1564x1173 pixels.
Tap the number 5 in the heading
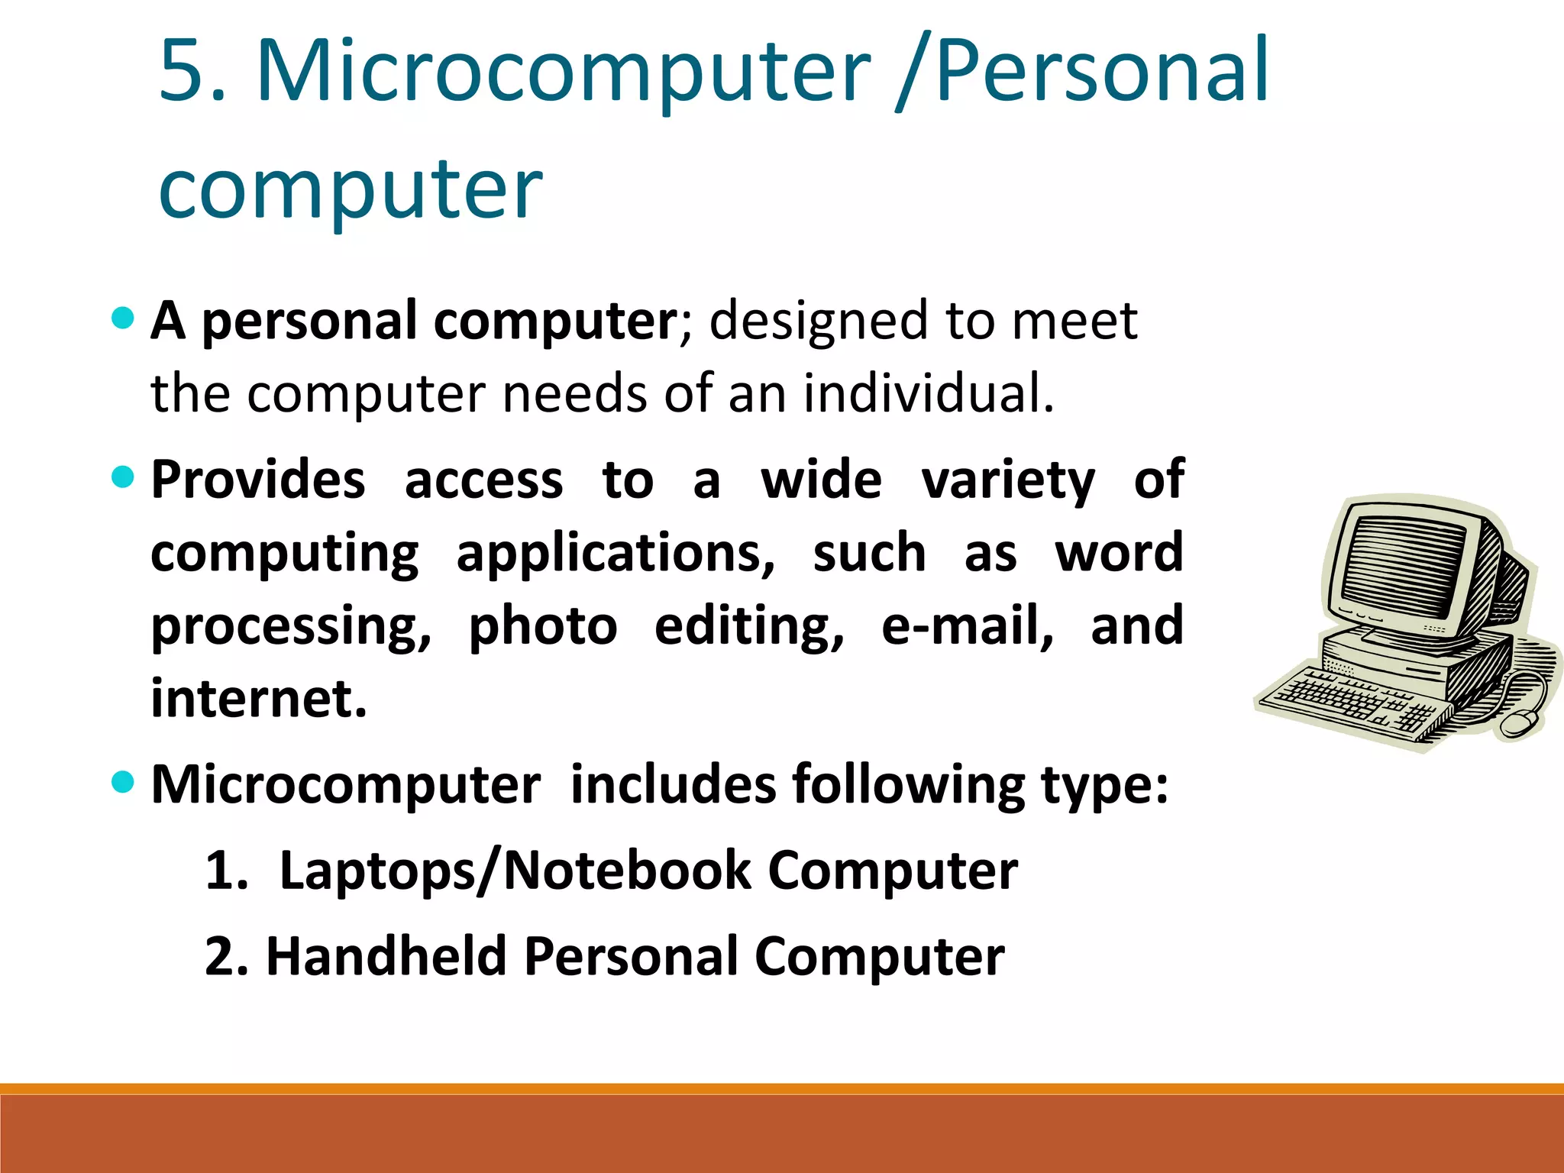pyautogui.click(x=183, y=71)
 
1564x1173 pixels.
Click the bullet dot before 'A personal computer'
pyautogui.click(x=122, y=318)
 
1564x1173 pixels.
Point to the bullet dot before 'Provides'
pyautogui.click(x=122, y=478)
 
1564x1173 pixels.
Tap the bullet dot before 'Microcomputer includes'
pyautogui.click(x=122, y=782)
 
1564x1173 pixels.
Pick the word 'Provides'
pyautogui.click(x=258, y=481)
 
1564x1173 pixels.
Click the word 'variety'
pyautogui.click(x=1008, y=481)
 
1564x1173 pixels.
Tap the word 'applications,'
pyautogui.click(x=616, y=554)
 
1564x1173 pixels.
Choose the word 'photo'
pyautogui.click(x=542, y=627)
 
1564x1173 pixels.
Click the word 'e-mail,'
pyautogui.click(x=967, y=627)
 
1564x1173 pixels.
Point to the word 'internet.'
pyautogui.click(x=259, y=699)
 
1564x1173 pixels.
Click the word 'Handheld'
pyautogui.click(x=386, y=957)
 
